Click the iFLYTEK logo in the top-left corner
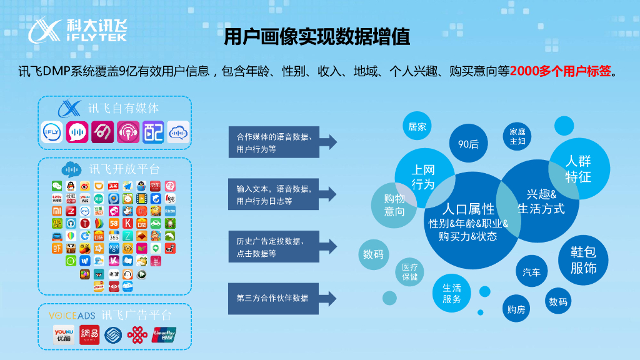(x=79, y=30)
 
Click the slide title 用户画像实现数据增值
(x=317, y=37)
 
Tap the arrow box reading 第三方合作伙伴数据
(x=281, y=298)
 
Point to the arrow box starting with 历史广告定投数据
(x=281, y=247)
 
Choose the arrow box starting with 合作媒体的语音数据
(x=281, y=142)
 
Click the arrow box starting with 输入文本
(x=281, y=194)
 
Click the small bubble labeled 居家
(x=417, y=127)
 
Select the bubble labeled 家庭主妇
(x=517, y=137)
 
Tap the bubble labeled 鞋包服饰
(x=583, y=260)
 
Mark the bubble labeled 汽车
(x=532, y=272)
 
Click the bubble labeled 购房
(x=516, y=308)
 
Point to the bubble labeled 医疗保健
(x=410, y=272)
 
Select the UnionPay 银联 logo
(x=164, y=335)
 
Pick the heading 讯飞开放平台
(x=124, y=169)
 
